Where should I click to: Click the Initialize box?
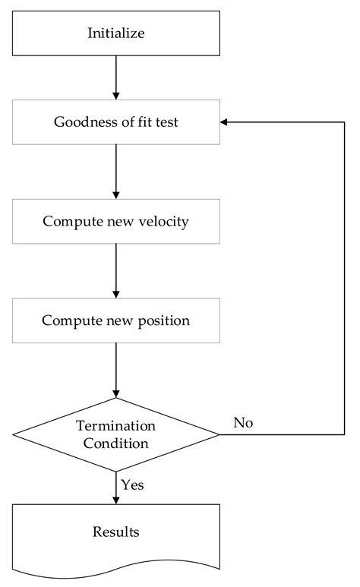(115, 33)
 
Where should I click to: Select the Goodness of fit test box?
(115, 122)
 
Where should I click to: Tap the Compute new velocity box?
(115, 221)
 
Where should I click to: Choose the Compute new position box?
(115, 320)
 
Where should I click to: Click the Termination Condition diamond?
(115, 435)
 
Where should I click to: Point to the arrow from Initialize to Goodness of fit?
(115, 77)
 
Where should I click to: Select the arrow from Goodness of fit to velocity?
(115, 171)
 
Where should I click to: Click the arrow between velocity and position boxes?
(115, 270)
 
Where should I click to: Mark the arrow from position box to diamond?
(115, 370)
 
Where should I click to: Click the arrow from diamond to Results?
(115, 488)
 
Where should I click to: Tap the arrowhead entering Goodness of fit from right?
(225, 122)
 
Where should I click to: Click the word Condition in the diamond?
(115, 443)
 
